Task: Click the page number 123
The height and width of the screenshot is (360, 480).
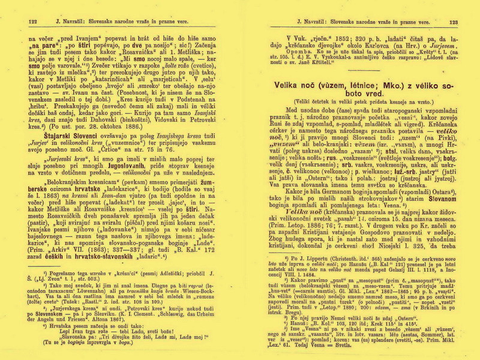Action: [x=453, y=22]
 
